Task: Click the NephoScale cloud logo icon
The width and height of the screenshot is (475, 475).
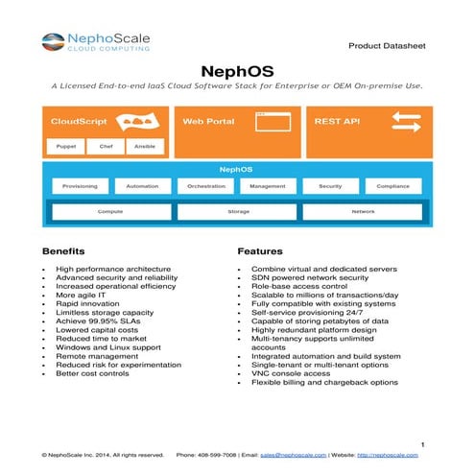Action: point(53,42)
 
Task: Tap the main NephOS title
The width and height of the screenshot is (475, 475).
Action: point(236,71)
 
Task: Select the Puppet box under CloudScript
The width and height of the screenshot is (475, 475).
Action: point(66,147)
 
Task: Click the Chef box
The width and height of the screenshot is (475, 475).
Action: point(105,147)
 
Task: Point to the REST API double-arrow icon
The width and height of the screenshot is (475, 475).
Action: point(406,122)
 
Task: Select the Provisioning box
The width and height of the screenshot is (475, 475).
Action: point(79,186)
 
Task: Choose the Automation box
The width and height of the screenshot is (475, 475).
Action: point(142,186)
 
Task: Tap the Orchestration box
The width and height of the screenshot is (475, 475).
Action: point(205,186)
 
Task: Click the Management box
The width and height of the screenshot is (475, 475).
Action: point(268,186)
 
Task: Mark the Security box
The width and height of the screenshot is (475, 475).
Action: point(330,186)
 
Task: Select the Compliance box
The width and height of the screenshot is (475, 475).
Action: point(393,186)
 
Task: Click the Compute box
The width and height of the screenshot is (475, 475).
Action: point(110,211)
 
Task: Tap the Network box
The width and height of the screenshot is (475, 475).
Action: point(364,211)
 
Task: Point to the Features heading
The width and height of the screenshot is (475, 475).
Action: point(259,250)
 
